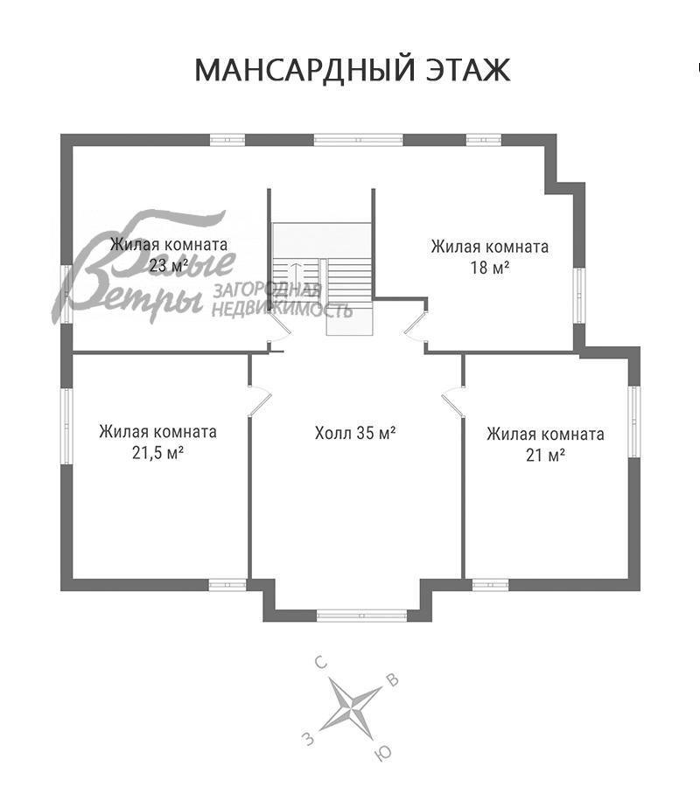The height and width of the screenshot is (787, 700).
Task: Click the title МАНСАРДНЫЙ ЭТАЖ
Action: click(352, 70)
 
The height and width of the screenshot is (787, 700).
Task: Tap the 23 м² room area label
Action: click(169, 266)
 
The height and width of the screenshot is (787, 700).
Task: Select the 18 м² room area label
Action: click(490, 268)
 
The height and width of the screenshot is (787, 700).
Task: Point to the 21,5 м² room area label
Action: click(157, 453)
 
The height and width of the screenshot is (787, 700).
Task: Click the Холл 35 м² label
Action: click(355, 432)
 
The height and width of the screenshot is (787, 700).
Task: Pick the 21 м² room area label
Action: click(544, 455)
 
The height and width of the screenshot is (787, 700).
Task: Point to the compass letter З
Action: click(307, 740)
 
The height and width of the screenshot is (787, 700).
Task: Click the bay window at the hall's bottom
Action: click(350, 615)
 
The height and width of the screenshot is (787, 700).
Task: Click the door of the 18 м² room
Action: click(416, 325)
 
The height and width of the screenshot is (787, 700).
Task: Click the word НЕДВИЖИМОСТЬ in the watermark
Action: click(283, 310)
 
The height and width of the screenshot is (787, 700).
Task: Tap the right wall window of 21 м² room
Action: click(635, 421)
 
